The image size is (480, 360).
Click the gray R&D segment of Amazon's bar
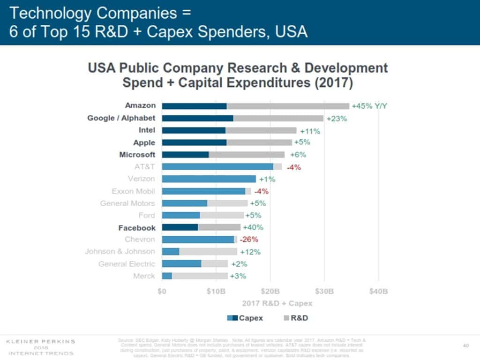click(x=288, y=106)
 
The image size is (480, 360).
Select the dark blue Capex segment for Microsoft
click(x=185, y=155)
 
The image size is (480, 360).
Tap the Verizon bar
click(x=209, y=179)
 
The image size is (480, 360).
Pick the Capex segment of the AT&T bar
click(x=217, y=167)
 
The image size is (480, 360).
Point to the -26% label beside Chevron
click(x=248, y=240)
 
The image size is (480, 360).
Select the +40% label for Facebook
click(x=253, y=227)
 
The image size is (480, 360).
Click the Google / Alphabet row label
click(x=121, y=118)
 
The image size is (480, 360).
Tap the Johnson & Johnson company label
click(x=120, y=252)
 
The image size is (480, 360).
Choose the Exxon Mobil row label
click(x=133, y=191)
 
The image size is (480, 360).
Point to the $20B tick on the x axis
click(x=270, y=291)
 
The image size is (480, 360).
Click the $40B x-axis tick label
click(x=378, y=291)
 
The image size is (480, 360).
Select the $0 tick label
click(x=162, y=291)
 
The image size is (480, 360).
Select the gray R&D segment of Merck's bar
click(x=200, y=276)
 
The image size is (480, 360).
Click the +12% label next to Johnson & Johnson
click(x=250, y=252)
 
